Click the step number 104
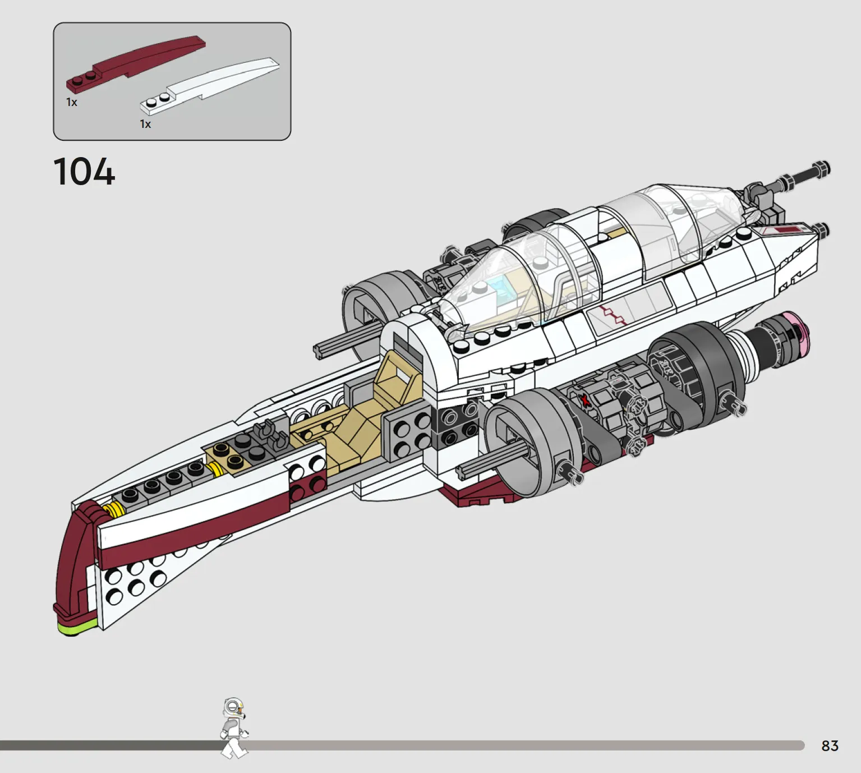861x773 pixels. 84,171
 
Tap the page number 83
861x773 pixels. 830,746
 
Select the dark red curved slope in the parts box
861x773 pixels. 136,63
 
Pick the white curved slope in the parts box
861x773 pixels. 210,86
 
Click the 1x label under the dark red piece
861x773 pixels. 71,103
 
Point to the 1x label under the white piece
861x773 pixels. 145,124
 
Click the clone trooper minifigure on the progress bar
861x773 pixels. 234,728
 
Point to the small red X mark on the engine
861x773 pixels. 585,399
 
